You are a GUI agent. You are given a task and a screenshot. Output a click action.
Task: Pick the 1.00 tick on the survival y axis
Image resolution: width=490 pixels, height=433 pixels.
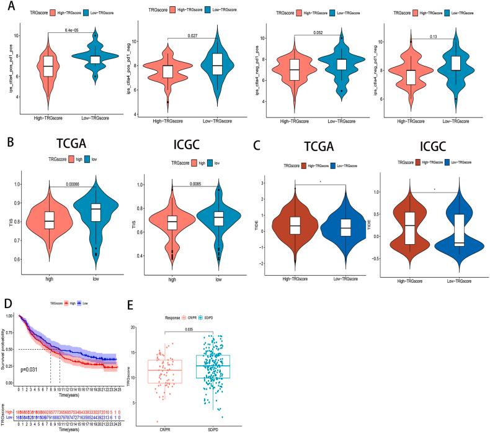pos(12,316)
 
